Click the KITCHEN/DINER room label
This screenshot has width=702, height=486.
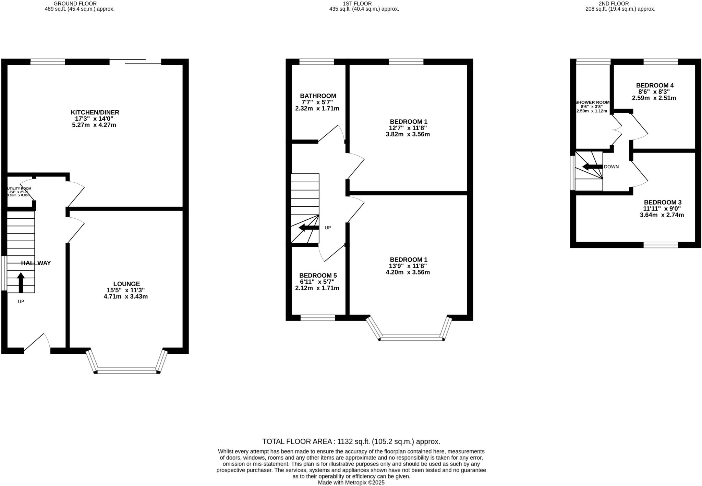(x=95, y=112)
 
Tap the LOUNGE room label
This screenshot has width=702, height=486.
(x=126, y=284)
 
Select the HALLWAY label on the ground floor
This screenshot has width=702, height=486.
(x=36, y=263)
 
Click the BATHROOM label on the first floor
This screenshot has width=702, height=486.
(x=318, y=96)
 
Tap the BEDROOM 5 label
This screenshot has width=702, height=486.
(x=318, y=276)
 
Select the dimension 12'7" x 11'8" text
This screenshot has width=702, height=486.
(x=408, y=128)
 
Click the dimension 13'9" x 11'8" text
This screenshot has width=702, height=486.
(x=408, y=266)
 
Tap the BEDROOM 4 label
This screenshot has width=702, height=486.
(x=654, y=85)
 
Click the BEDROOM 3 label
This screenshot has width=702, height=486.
(x=662, y=202)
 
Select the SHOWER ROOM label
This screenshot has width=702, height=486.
(x=593, y=102)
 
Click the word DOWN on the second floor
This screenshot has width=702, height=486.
(x=611, y=167)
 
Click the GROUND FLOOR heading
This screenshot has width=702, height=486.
(x=75, y=3)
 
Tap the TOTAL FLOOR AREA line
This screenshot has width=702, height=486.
(x=351, y=441)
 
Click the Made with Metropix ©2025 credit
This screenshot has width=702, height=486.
(x=351, y=483)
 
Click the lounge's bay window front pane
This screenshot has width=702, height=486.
(x=127, y=370)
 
